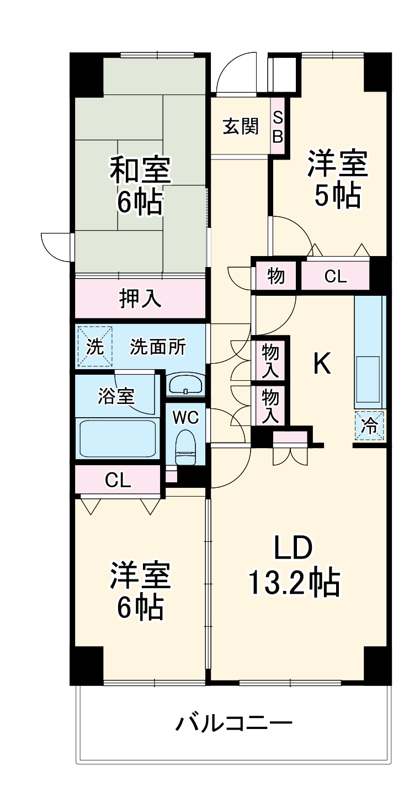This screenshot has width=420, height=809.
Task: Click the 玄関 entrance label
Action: [240, 126]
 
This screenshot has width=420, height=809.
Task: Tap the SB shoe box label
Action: [278, 126]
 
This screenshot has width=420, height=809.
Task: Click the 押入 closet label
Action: [140, 299]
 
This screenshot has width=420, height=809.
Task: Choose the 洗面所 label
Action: [158, 347]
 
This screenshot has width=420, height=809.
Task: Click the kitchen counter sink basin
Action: [368, 378]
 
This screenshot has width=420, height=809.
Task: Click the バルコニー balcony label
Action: [233, 722]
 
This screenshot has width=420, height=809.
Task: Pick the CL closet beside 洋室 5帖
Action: [335, 276]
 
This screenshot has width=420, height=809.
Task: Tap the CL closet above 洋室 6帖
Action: [118, 481]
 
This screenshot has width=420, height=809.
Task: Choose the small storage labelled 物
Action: [276, 276]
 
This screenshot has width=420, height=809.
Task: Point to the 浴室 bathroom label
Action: [116, 396]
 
